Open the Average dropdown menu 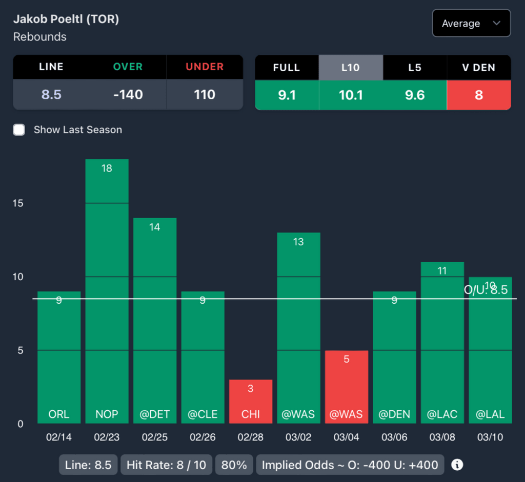tap(471, 24)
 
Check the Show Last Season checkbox tap(19, 130)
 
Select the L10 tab tap(351, 67)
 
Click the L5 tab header tap(414, 67)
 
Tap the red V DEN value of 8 tap(479, 95)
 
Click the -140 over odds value tap(128, 95)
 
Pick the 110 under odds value tap(204, 95)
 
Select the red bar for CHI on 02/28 tap(251, 402)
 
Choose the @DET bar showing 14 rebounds tap(155, 321)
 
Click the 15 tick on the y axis tap(18, 203)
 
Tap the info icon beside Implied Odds tap(457, 465)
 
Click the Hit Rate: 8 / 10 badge tap(166, 465)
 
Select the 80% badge tap(234, 465)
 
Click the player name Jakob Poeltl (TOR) tap(66, 19)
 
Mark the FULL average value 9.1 tap(287, 95)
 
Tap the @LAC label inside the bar tap(442, 414)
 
